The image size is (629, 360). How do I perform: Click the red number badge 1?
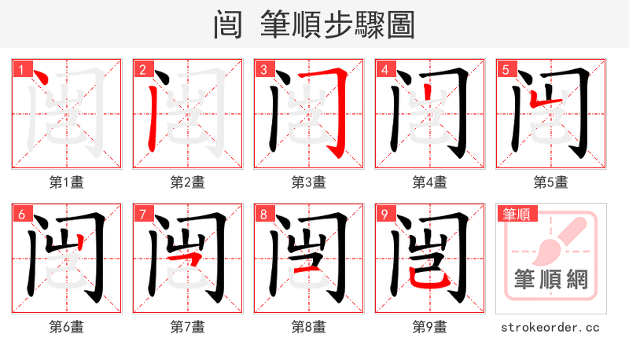tap(21, 68)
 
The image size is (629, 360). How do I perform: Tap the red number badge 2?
tap(142, 68)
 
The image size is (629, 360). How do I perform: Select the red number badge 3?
tap(263, 68)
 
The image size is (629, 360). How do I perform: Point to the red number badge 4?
tap(384, 68)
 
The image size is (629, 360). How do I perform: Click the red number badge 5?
tap(506, 68)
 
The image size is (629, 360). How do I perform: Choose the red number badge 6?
tap(21, 213)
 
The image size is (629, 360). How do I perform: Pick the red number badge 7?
tap(142, 213)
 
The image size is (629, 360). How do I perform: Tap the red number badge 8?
tap(263, 213)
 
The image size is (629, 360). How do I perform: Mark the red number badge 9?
tap(384, 213)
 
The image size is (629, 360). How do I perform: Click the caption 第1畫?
tap(67, 182)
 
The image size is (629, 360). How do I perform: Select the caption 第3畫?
tap(309, 182)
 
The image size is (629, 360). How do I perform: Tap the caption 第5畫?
tap(551, 182)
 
